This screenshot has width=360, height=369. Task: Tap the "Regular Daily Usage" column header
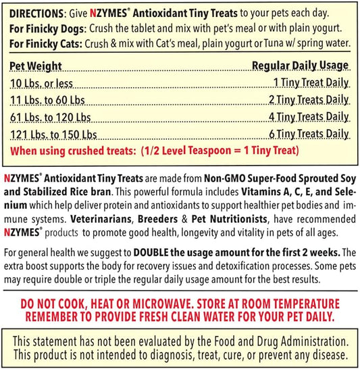tap(301, 66)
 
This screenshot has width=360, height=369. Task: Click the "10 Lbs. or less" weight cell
tap(40, 83)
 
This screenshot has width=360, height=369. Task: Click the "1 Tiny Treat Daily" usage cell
tap(311, 83)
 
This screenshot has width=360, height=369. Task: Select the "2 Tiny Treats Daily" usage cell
tap(309, 100)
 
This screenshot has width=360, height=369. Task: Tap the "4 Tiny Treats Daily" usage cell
tap(309, 117)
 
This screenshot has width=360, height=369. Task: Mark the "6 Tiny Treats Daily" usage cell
tap(309, 134)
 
